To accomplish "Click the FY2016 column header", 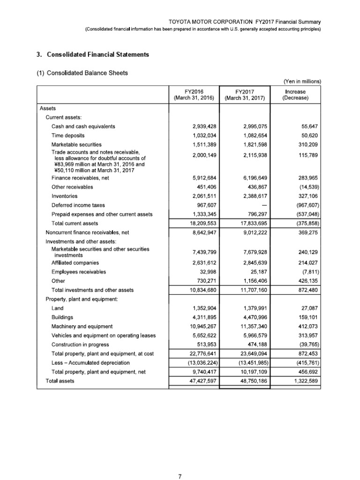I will (194, 94).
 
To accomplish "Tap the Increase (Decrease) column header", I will (295, 94).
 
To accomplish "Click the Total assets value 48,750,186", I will (253, 381).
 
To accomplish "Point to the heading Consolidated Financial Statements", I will (92, 55).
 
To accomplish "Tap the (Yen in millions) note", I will (302, 81).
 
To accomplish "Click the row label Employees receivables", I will (79, 272).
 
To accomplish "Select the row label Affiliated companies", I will (75, 263).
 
